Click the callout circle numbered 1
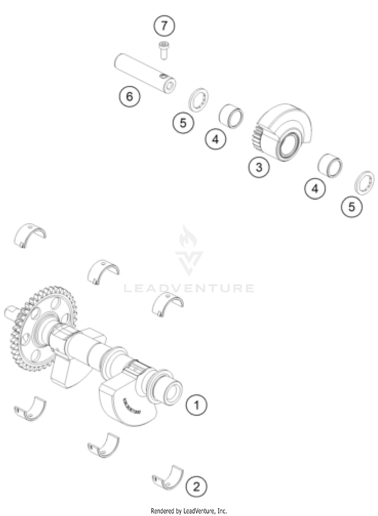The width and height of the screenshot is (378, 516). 196,405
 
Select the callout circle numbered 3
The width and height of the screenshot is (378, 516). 259,167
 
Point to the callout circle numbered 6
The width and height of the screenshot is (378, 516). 129,96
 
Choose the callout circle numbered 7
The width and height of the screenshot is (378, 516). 164,25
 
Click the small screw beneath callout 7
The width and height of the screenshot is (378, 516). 164,51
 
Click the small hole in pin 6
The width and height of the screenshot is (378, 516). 163,76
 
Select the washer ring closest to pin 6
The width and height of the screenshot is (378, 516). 199,99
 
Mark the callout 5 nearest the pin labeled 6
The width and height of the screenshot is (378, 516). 183,123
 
